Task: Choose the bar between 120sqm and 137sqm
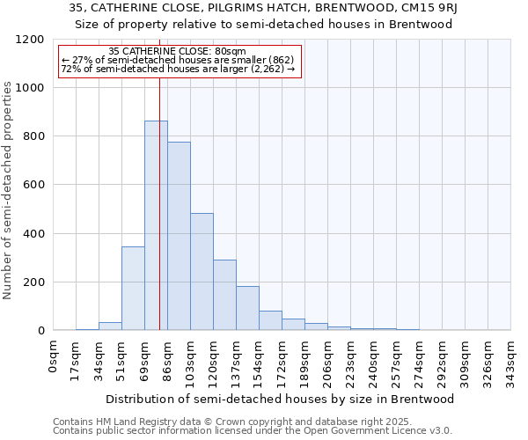[224, 295]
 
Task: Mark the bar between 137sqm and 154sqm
[247, 308]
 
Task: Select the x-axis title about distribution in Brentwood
[281, 399]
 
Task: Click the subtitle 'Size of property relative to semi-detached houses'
[263, 24]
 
